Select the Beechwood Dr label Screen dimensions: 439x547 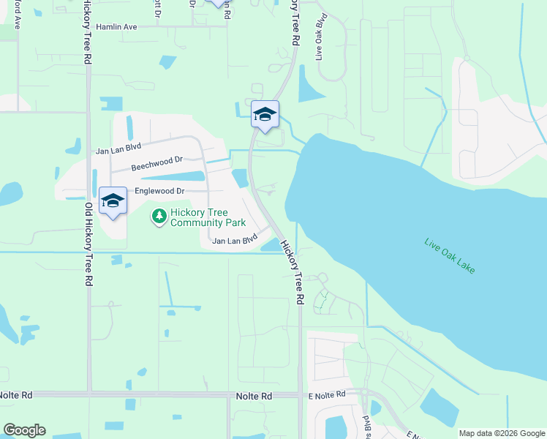click(x=156, y=162)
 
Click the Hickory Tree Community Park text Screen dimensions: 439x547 click(x=208, y=217)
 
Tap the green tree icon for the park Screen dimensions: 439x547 click(x=158, y=216)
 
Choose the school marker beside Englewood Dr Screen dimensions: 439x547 click(x=113, y=201)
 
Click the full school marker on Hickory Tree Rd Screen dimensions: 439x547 click(x=265, y=115)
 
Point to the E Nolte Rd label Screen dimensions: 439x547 click(x=325, y=395)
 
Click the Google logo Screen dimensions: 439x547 click(x=24, y=430)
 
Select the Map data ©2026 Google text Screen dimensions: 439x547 click(x=502, y=433)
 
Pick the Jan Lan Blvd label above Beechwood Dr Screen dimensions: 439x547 click(x=118, y=150)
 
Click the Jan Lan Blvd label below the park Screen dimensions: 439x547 click(x=235, y=239)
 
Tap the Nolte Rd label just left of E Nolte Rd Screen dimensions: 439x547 click(x=254, y=395)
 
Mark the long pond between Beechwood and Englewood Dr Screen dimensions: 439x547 click(x=172, y=176)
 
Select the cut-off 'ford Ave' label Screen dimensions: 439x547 click(x=17, y=15)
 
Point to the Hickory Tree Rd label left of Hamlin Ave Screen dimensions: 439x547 click(x=87, y=29)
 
